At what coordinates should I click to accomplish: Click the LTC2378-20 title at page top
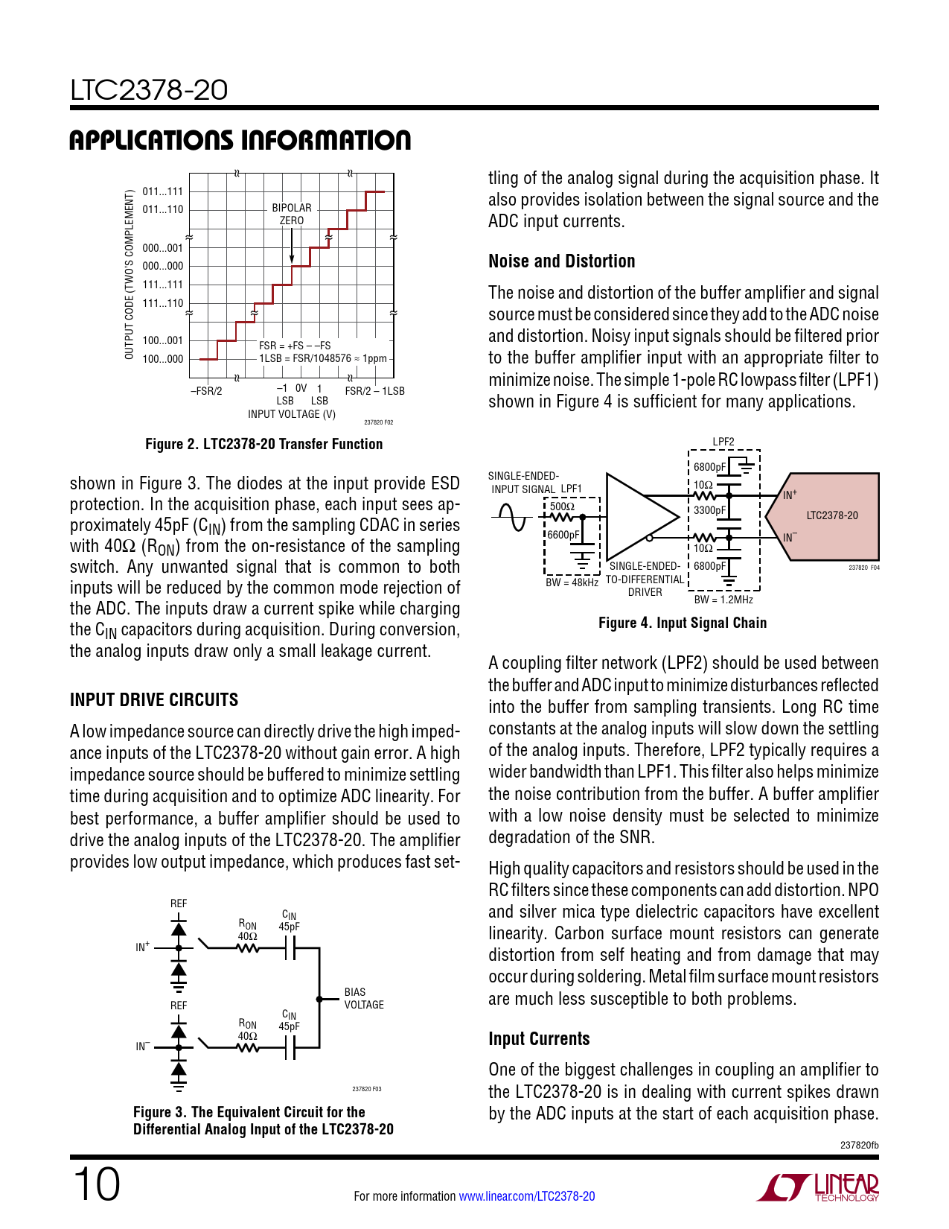pyautogui.click(x=149, y=91)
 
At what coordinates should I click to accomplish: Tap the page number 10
pyautogui.click(x=96, y=1184)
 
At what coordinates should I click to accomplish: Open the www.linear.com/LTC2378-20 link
pyautogui.click(x=526, y=1196)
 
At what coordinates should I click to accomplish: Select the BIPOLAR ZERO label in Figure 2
pyautogui.click(x=292, y=214)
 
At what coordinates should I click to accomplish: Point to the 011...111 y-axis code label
pyautogui.click(x=162, y=191)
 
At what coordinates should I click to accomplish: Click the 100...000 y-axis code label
pyautogui.click(x=162, y=359)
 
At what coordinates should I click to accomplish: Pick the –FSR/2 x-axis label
pyautogui.click(x=206, y=391)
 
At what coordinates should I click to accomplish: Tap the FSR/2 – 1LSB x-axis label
pyautogui.click(x=374, y=391)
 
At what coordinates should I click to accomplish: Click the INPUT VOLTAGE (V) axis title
pyautogui.click(x=291, y=414)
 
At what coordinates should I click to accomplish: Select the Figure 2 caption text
pyautogui.click(x=263, y=444)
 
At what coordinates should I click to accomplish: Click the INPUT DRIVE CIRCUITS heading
pyautogui.click(x=154, y=700)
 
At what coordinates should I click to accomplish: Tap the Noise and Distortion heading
pyautogui.click(x=561, y=261)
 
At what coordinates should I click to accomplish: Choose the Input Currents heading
pyautogui.click(x=539, y=1039)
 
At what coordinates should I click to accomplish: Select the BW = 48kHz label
pyautogui.click(x=572, y=582)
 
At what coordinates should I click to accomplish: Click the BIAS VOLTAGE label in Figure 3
pyautogui.click(x=364, y=998)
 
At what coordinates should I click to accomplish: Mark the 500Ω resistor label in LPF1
pyautogui.click(x=562, y=506)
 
